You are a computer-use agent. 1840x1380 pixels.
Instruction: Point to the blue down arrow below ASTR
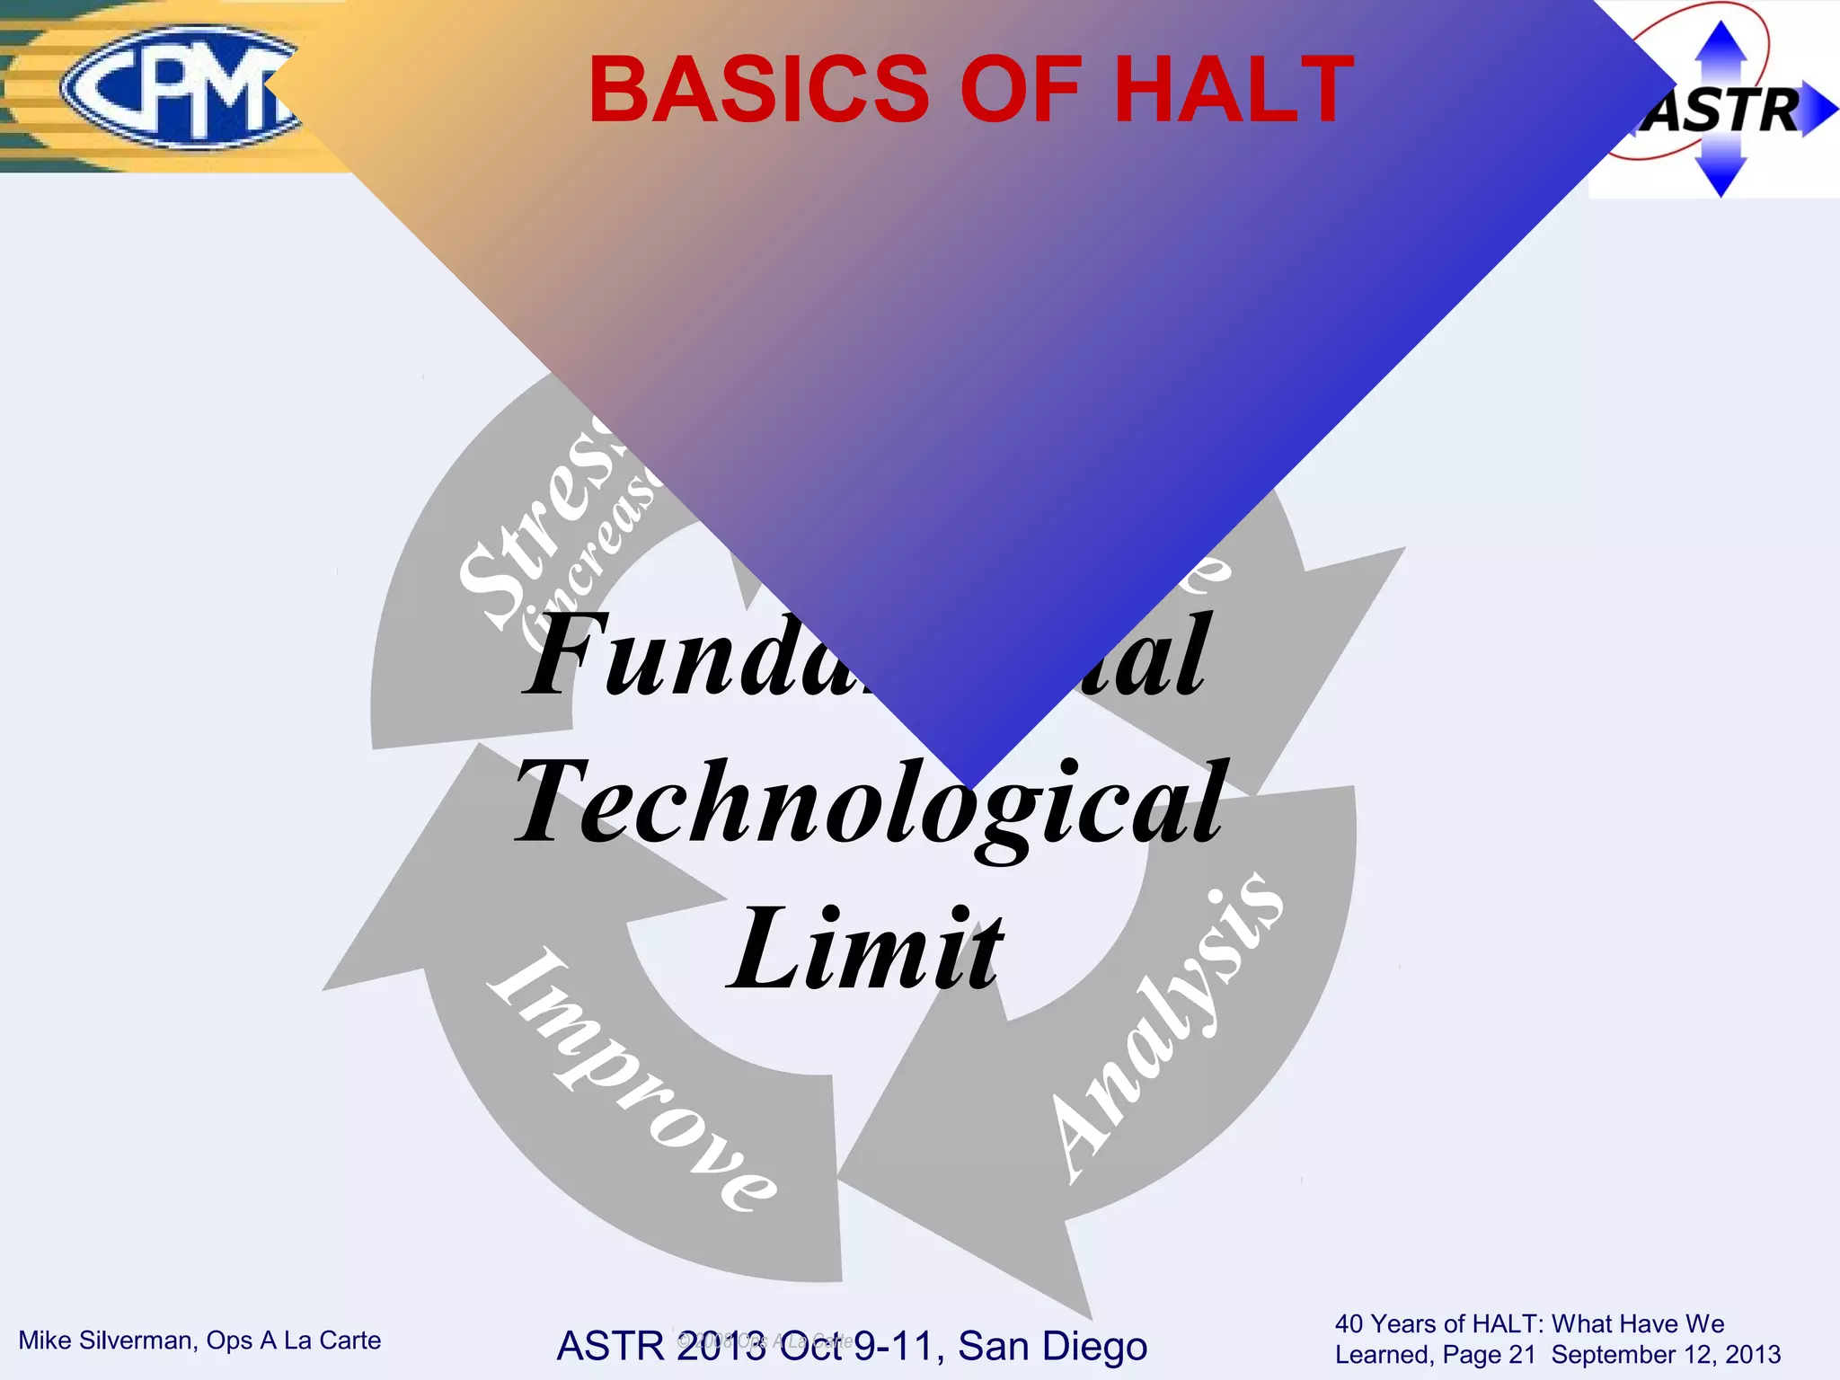[1721, 175]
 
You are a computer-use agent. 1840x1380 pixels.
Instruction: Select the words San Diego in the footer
[1052, 1346]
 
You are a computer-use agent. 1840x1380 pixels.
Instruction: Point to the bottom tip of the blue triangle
[973, 787]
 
